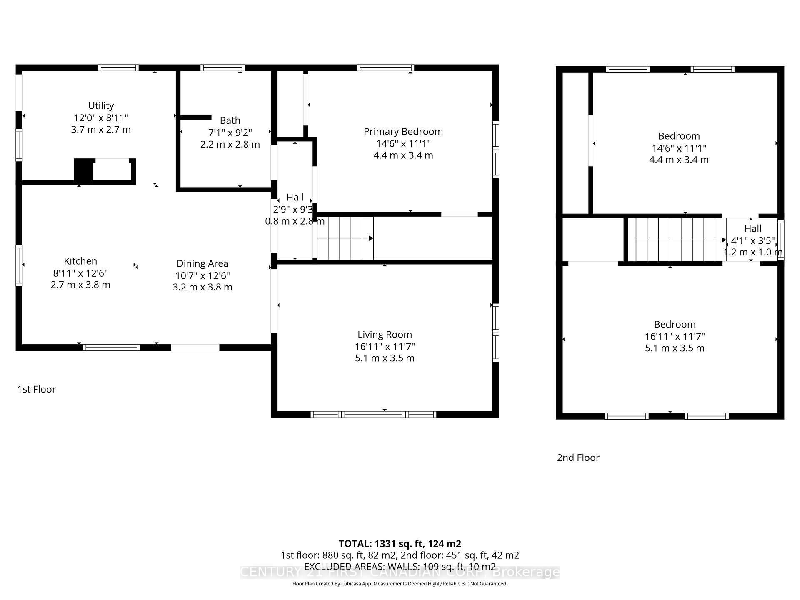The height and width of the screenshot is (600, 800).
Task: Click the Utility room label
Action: pos(101,106)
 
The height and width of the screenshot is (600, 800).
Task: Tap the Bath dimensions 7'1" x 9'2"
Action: pos(230,132)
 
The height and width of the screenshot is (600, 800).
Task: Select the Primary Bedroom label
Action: pos(403,132)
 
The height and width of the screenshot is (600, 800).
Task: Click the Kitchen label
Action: pos(80,261)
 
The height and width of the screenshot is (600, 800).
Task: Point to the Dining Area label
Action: pos(202,264)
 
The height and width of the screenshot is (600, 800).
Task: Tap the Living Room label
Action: pos(385,335)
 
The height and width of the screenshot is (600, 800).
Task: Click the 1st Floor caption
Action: pos(36,389)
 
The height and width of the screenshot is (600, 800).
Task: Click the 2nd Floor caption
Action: pos(578,457)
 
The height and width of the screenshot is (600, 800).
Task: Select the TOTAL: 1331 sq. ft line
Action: pos(400,544)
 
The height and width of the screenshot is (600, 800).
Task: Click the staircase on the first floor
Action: pos(345,238)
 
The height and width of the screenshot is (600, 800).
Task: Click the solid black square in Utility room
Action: pos(83,170)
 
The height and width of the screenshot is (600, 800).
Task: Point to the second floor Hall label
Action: pos(752,229)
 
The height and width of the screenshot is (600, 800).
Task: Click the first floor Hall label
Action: pos(295,197)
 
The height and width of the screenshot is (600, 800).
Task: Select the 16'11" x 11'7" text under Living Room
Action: pos(385,347)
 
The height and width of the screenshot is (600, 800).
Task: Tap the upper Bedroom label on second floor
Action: pos(679,136)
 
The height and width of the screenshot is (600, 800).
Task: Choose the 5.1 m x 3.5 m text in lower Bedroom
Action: pos(675,348)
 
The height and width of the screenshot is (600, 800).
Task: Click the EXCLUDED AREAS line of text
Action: pos(400,567)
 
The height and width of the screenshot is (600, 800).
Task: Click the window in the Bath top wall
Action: pos(222,68)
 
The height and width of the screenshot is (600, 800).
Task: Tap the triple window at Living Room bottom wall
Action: pos(373,414)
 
